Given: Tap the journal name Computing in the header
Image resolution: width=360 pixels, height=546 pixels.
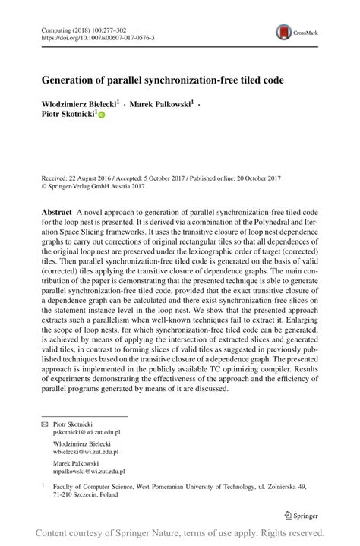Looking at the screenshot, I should pos(55,27).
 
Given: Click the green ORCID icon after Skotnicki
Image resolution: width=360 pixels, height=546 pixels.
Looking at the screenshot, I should pos(101,115).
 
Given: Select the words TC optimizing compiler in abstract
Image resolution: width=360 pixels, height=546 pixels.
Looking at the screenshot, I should pos(252,365).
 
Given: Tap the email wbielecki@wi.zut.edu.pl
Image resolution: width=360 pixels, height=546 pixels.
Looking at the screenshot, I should pos(87,452).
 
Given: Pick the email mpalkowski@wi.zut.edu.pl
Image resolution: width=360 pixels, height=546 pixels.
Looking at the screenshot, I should pos(89,472).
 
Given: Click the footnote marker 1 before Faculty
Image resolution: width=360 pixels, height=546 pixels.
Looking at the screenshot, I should pos(43,484).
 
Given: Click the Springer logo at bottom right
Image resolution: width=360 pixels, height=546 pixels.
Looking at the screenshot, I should pos(301,516).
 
